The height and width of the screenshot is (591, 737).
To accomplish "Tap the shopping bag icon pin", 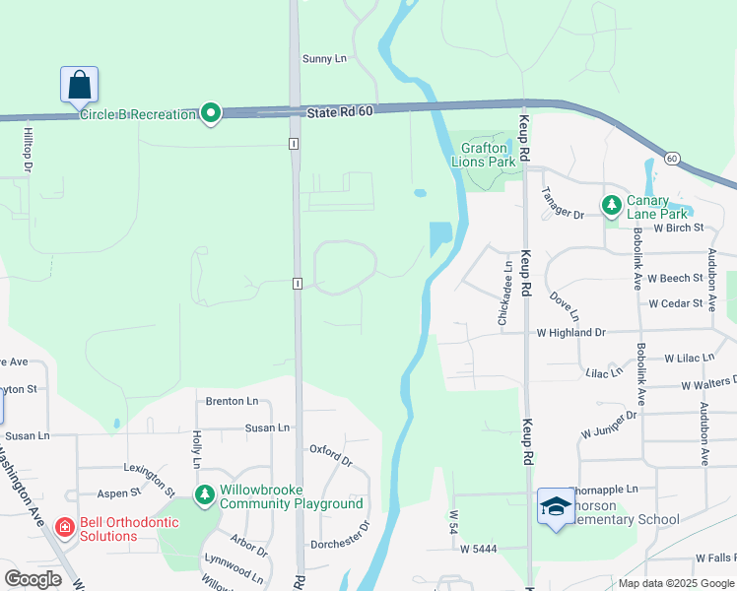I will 79,85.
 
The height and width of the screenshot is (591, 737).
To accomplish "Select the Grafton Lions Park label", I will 483,155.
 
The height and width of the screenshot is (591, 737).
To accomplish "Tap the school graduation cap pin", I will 556,507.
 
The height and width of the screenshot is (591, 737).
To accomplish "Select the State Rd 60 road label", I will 340,112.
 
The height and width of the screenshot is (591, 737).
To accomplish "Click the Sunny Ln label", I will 325,59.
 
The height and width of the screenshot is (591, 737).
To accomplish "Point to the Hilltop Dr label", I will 29,147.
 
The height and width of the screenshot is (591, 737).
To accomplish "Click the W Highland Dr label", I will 570,334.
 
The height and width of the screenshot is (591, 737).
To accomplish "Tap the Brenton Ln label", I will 232,401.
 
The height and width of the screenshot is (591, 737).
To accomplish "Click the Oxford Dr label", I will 331,454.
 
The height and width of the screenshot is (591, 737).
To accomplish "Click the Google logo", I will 33,579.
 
